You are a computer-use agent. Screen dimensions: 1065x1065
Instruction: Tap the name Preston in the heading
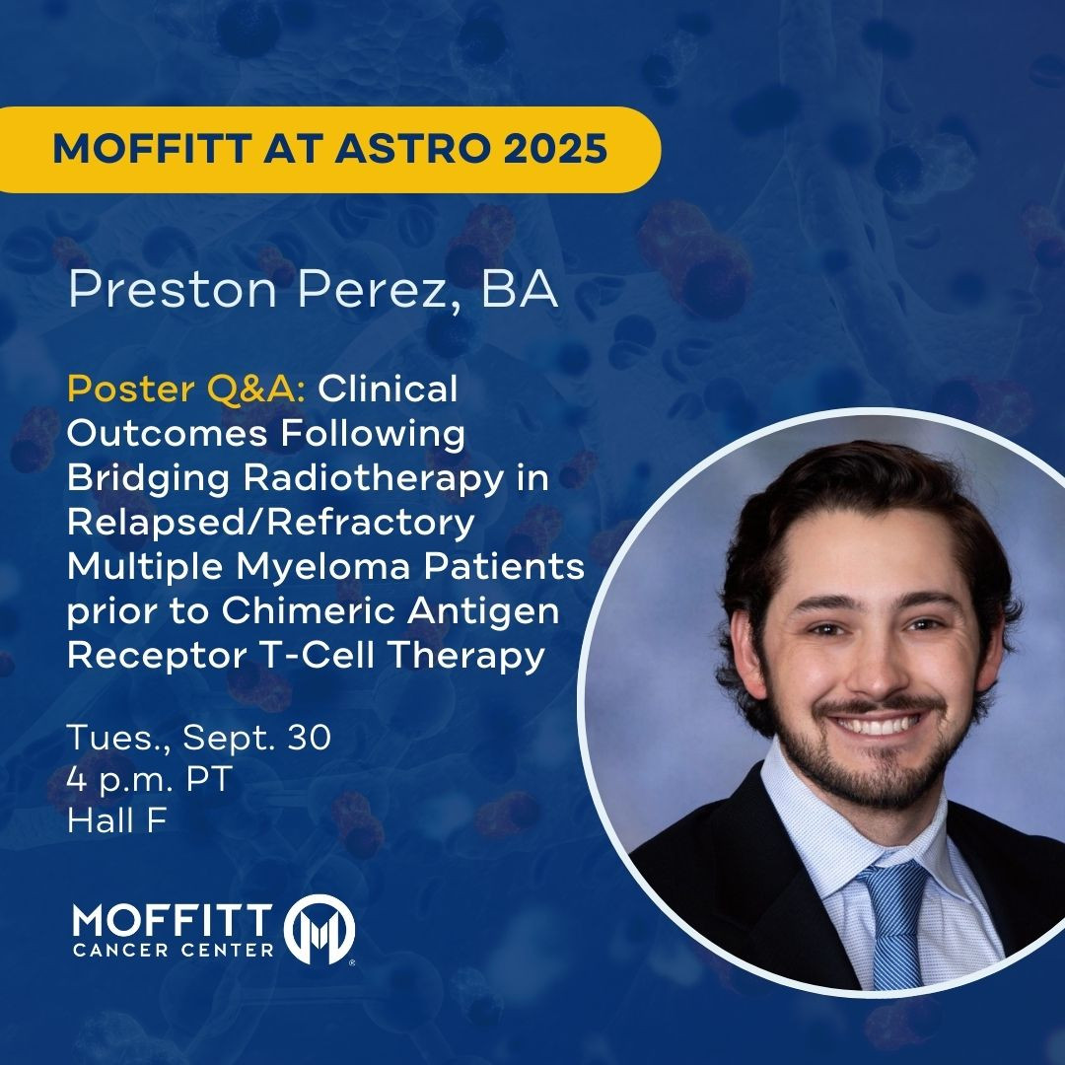(173, 289)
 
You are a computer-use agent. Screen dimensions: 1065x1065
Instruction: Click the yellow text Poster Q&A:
(186, 390)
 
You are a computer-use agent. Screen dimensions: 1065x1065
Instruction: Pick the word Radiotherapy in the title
(374, 479)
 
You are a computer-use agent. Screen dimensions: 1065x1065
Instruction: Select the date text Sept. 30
(256, 737)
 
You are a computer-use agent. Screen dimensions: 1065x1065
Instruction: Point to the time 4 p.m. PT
(150, 779)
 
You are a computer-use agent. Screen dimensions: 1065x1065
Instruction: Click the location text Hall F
(116, 820)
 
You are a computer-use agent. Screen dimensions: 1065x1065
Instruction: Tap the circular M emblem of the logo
(319, 929)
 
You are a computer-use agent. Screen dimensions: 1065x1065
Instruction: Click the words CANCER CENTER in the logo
(174, 950)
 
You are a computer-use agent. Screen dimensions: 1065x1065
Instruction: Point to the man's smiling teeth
(877, 727)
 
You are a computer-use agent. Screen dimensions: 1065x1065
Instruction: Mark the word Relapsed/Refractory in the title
(271, 523)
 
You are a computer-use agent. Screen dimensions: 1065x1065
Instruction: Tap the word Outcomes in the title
(168, 434)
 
